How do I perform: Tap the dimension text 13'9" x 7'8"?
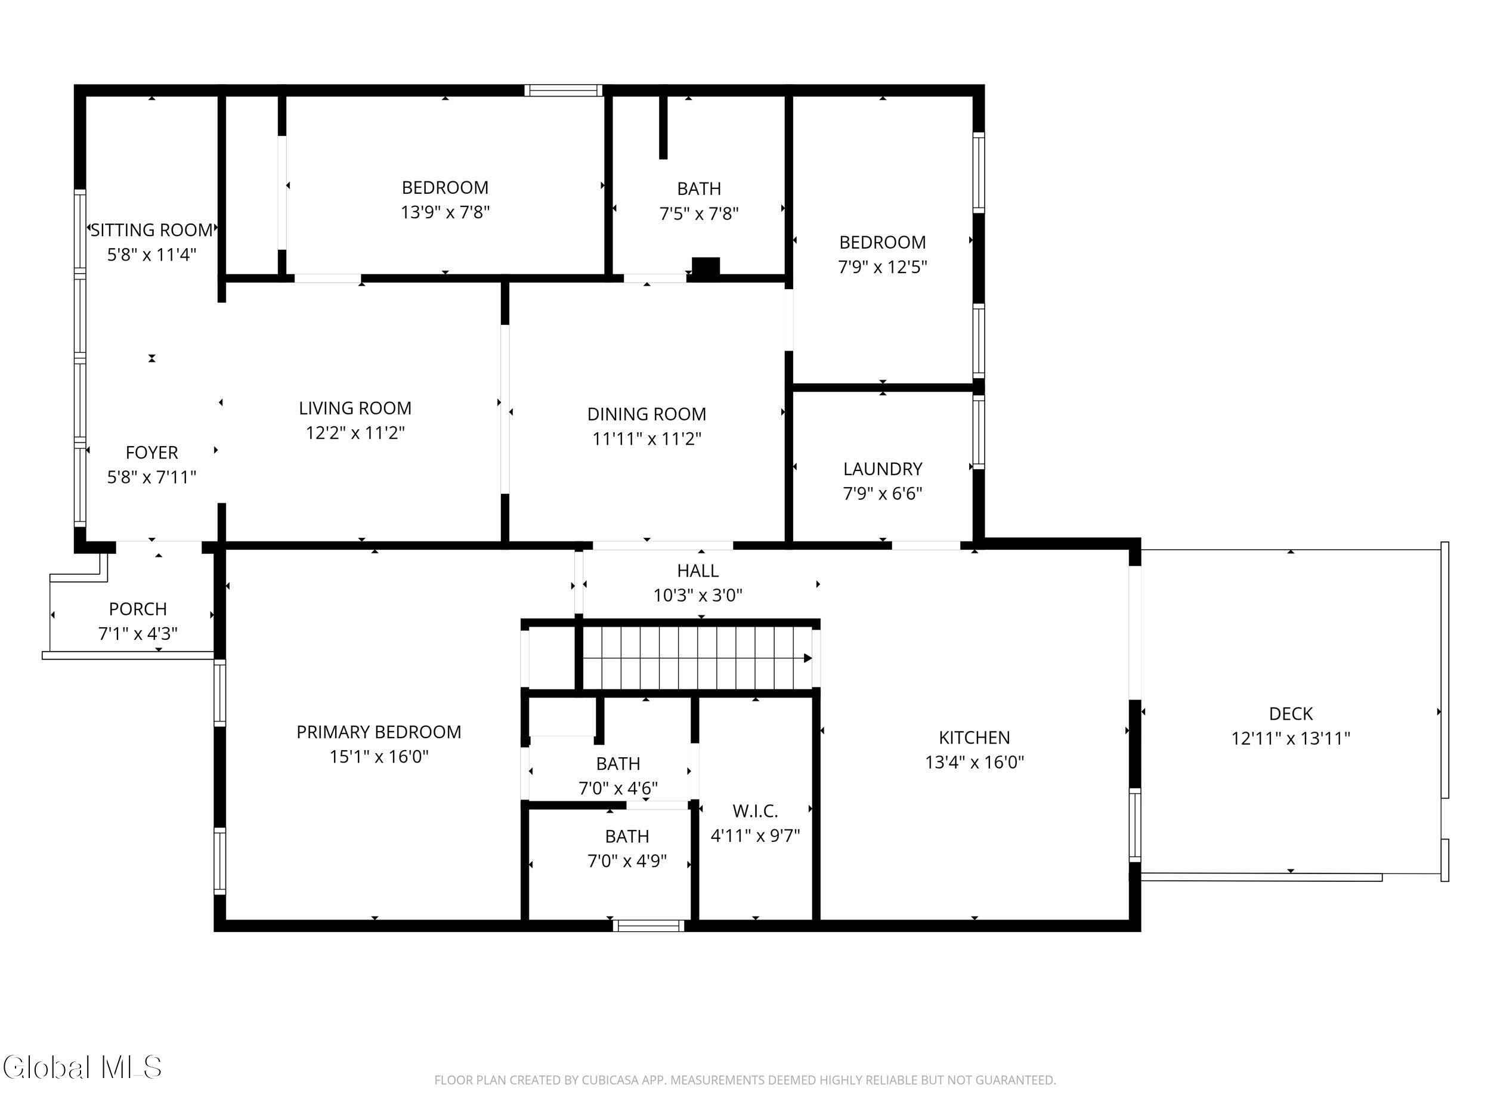[445, 212]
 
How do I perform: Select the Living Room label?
[355, 408]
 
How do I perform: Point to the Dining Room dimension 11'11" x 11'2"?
[646, 439]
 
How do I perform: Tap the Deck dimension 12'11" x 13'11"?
[1290, 738]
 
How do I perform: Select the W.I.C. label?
[755, 811]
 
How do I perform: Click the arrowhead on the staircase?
[808, 658]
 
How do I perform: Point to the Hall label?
[698, 571]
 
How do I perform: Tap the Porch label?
[138, 609]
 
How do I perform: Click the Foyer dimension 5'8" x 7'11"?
[151, 477]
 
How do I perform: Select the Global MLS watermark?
[82, 1067]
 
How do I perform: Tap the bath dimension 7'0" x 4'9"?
[627, 860]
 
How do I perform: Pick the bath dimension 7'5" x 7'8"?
[698, 213]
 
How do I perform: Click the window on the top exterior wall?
[564, 90]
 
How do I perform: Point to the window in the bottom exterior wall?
[648, 926]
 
